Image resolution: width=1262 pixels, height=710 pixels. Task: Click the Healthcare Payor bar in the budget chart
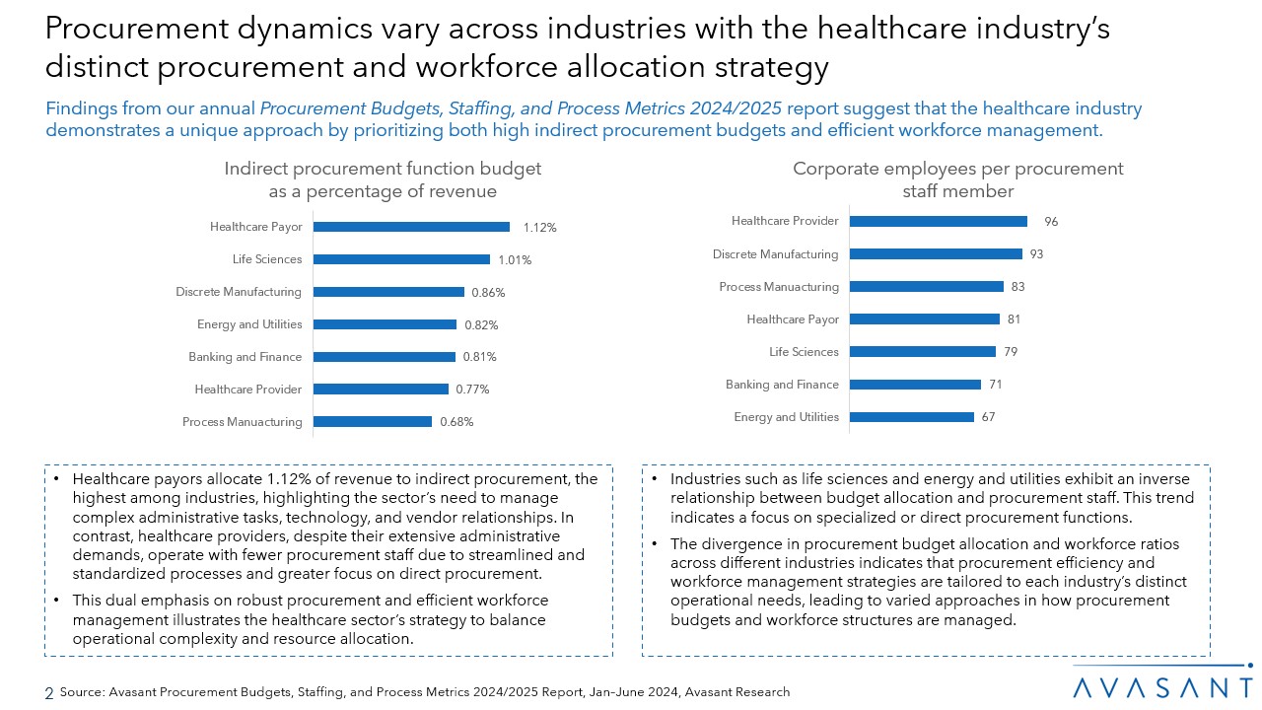pyautogui.click(x=411, y=227)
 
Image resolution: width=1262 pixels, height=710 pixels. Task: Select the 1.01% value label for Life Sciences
pyautogui.click(x=513, y=260)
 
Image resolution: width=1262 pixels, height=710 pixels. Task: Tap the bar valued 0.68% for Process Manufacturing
pyautogui.click(x=373, y=421)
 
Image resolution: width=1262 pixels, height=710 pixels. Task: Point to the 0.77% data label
pyautogui.click(x=472, y=390)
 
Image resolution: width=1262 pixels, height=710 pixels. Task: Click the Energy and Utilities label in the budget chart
pyautogui.click(x=249, y=324)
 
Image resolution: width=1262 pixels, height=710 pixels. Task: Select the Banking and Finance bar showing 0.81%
pyautogui.click(x=385, y=357)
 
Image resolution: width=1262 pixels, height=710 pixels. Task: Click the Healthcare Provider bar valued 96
pyautogui.click(x=938, y=222)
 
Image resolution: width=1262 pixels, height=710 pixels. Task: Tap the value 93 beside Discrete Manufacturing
pyautogui.click(x=1036, y=254)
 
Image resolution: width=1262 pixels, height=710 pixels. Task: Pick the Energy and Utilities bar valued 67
pyautogui.click(x=911, y=417)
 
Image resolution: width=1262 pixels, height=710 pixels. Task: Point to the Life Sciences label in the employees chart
pyautogui.click(x=804, y=352)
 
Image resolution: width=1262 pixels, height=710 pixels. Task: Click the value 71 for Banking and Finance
pyautogui.click(x=995, y=385)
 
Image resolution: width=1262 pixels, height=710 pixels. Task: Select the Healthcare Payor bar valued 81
pyautogui.click(x=924, y=319)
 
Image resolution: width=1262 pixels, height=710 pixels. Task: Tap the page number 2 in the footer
pyautogui.click(x=49, y=693)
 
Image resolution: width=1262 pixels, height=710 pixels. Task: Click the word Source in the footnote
pyautogui.click(x=81, y=692)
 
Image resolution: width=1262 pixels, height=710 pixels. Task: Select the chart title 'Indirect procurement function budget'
pyautogui.click(x=383, y=169)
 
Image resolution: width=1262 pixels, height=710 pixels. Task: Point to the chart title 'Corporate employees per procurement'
pyautogui.click(x=957, y=169)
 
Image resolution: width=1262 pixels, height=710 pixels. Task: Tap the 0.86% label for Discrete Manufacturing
pyautogui.click(x=488, y=293)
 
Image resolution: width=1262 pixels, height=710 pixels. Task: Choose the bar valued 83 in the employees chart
pyautogui.click(x=926, y=287)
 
